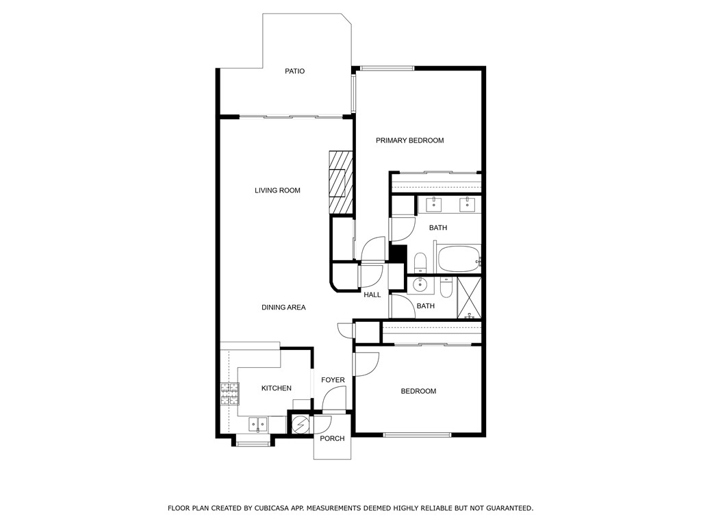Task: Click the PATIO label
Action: coord(294,71)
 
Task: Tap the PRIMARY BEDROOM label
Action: coord(409,140)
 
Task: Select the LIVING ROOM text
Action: coord(277,190)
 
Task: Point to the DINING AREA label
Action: coord(283,308)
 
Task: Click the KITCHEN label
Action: coord(277,388)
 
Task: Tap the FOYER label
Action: coord(333,380)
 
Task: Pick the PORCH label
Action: coord(332,439)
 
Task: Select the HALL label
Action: coord(372,295)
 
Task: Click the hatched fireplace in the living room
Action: coord(341,182)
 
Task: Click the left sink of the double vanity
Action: coord(433,204)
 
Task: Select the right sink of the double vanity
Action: coord(467,204)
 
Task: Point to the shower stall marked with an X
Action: coord(469,298)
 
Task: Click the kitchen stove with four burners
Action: coord(229,394)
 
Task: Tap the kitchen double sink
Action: coord(258,424)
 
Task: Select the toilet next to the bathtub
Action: coord(420,262)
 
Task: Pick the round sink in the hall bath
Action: coord(420,284)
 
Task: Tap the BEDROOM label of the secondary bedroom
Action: coord(418,391)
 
